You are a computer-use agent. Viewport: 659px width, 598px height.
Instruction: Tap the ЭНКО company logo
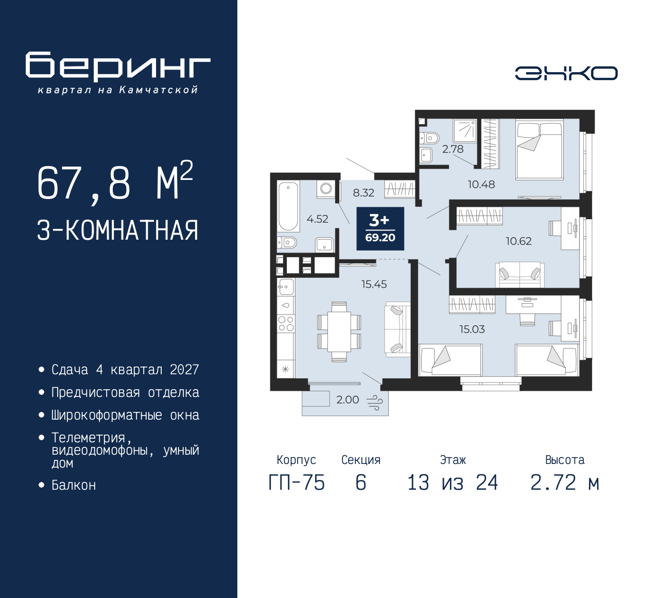[566, 73]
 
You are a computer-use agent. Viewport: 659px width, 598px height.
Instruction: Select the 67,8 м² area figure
[115, 181]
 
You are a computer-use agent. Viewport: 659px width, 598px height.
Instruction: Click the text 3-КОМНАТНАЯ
[117, 230]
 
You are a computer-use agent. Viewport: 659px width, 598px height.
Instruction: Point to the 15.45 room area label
[374, 284]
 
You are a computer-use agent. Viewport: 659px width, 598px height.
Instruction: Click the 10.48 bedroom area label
[481, 184]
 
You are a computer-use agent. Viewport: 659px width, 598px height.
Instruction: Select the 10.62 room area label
[518, 241]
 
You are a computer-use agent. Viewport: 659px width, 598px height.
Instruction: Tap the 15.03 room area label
[472, 329]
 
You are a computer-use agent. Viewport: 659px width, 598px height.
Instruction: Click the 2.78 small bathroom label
[453, 149]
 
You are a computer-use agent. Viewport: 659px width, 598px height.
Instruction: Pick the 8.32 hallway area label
[363, 193]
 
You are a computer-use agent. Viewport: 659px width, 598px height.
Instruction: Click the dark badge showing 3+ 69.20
[380, 228]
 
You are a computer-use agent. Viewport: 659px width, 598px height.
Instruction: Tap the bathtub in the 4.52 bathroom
[289, 206]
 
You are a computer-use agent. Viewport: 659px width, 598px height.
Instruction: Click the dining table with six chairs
[339, 332]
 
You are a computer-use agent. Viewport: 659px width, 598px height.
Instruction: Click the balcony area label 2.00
[348, 400]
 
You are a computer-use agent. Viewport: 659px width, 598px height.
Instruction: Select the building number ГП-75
[297, 483]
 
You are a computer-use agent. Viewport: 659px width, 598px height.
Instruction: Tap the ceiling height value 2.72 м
[565, 483]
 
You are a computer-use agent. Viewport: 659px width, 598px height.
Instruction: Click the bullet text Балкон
[74, 485]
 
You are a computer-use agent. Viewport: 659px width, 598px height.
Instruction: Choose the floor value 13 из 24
[453, 483]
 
